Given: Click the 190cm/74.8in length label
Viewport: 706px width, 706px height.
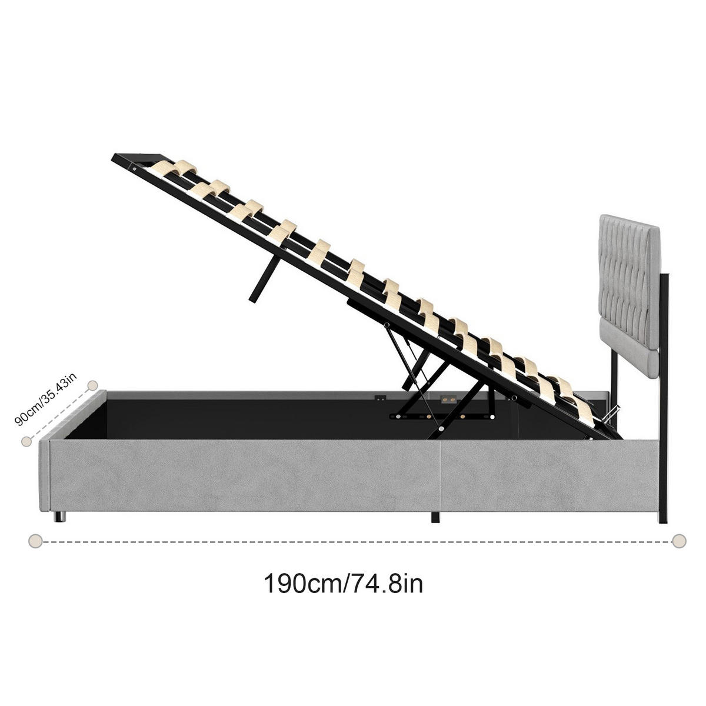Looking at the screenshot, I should point(343,584).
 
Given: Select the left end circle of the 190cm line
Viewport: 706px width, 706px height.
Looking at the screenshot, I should point(35,540).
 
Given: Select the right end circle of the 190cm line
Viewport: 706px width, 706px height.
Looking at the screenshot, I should point(680,540).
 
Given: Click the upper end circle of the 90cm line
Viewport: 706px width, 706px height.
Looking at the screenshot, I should point(92,385).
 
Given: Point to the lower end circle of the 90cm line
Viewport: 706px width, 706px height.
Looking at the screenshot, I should point(25,441).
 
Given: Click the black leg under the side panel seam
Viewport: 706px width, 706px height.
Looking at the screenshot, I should point(435,517).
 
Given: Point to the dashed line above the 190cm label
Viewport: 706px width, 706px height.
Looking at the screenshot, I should point(353,540).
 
